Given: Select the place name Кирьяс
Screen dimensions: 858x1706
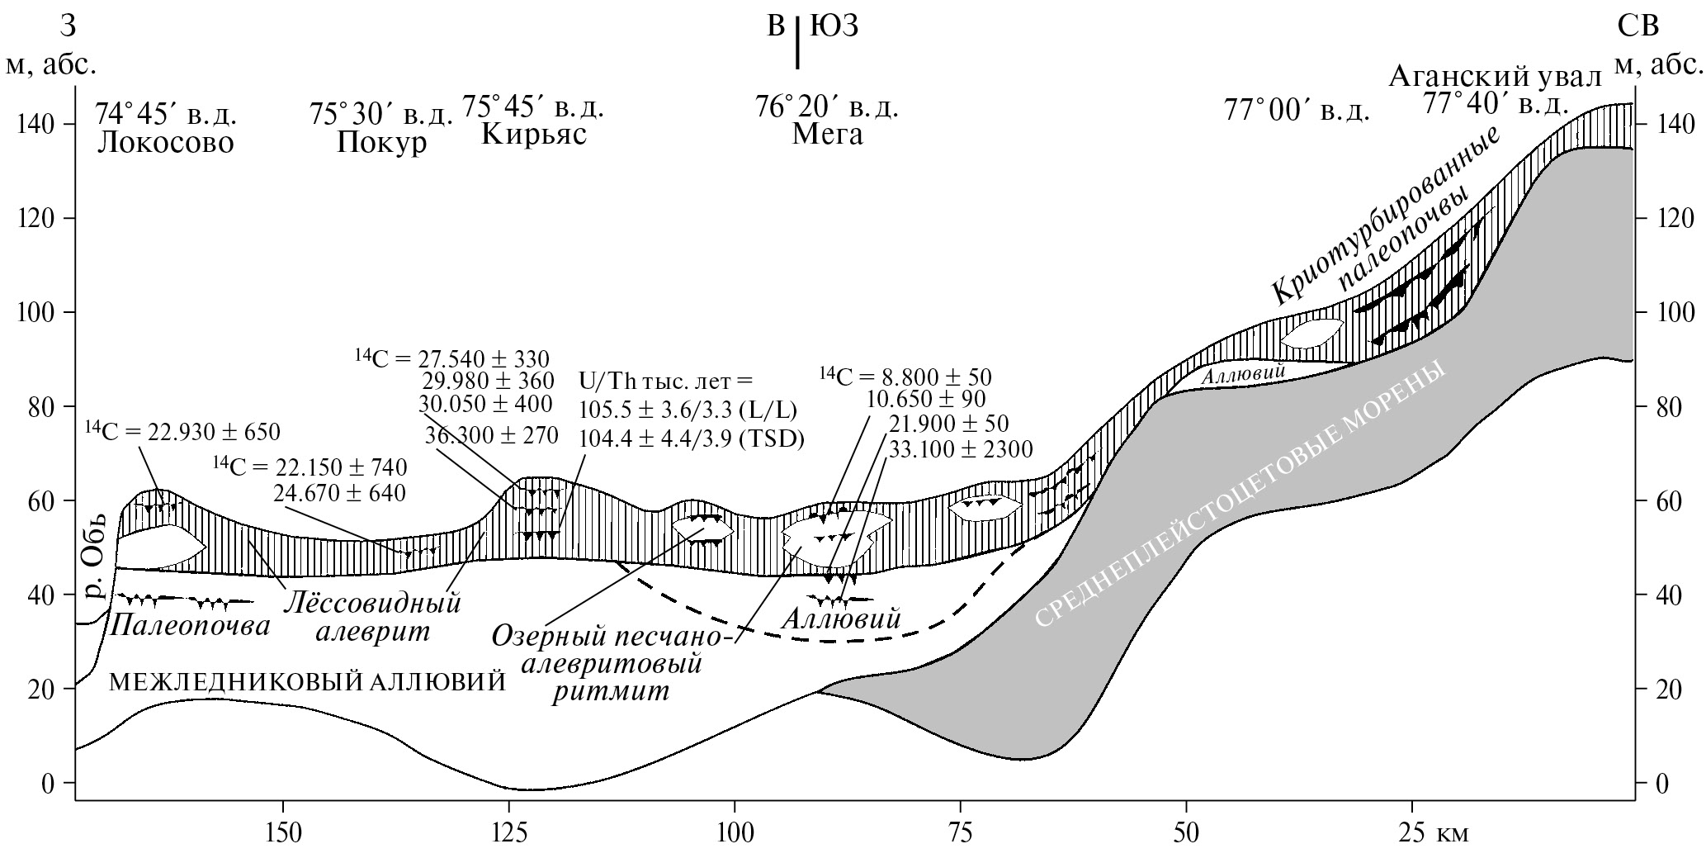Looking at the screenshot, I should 534,134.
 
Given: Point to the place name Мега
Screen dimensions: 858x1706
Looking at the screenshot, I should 827,134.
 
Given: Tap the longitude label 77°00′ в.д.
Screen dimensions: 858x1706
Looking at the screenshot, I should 1296,111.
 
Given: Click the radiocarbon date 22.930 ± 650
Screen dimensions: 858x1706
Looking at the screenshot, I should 183,431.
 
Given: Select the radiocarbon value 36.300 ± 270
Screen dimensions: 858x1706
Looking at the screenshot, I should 492,435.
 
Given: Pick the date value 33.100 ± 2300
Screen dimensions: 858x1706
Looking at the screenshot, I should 960,449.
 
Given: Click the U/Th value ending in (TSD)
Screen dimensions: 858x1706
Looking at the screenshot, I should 692,438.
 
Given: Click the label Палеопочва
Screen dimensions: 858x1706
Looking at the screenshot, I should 189,625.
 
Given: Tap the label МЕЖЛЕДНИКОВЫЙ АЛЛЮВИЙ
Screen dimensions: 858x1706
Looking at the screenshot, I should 307,682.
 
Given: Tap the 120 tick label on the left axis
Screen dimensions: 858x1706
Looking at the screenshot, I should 36,219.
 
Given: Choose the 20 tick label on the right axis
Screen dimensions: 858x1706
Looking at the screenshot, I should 1667,690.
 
